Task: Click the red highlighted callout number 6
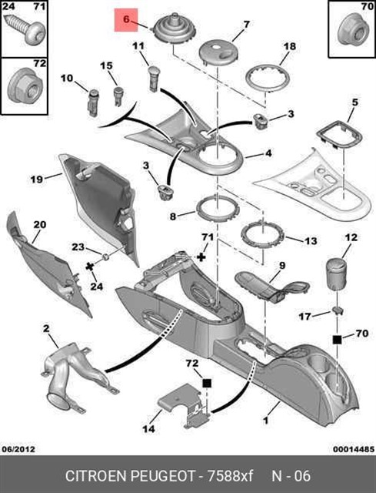coord(126,19)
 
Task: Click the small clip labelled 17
coord(337,310)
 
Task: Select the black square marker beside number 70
coord(337,340)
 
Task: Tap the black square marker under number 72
coord(207,384)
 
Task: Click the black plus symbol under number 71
coord(201,257)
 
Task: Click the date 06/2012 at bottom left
coord(18,448)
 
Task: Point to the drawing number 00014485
coord(354,448)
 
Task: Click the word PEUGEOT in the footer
coord(162,475)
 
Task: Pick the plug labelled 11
coord(154,79)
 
